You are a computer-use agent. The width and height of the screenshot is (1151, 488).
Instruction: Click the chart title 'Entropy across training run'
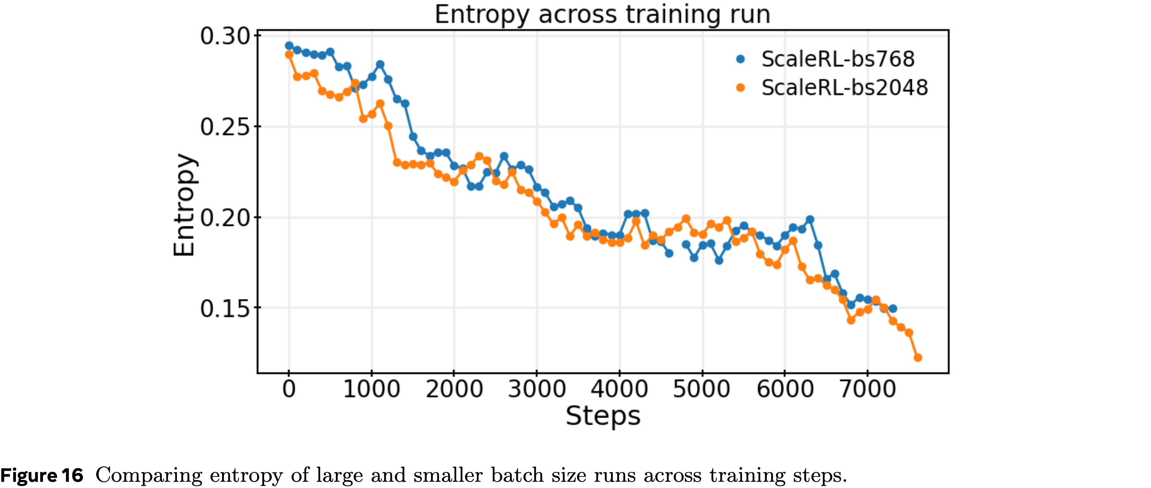tap(602, 14)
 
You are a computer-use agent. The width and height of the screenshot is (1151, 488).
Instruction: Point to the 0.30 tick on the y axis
tap(225, 36)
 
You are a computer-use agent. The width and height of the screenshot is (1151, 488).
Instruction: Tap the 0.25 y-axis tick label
tap(225, 127)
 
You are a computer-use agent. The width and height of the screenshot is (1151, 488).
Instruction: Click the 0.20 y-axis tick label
tap(225, 218)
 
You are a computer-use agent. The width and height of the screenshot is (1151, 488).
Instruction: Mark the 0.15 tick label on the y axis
tap(225, 308)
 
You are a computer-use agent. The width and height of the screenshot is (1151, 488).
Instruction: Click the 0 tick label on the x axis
tap(289, 389)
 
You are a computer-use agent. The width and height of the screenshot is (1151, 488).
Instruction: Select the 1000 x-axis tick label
tap(371, 389)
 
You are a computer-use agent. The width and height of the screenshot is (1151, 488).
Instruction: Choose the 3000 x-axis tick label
tap(537, 389)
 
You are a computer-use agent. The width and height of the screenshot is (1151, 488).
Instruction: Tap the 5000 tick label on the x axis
tap(702, 389)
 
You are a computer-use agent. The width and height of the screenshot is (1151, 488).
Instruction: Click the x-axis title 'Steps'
tap(603, 416)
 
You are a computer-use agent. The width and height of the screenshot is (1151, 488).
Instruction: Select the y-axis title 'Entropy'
tap(184, 205)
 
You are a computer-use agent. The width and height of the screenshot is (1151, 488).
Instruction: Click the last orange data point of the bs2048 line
tap(918, 358)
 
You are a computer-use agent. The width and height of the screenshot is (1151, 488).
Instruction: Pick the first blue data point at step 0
tap(289, 46)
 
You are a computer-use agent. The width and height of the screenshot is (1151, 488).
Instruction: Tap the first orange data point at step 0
tap(289, 54)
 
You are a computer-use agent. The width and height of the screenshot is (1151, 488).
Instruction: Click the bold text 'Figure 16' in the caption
tap(42, 476)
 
